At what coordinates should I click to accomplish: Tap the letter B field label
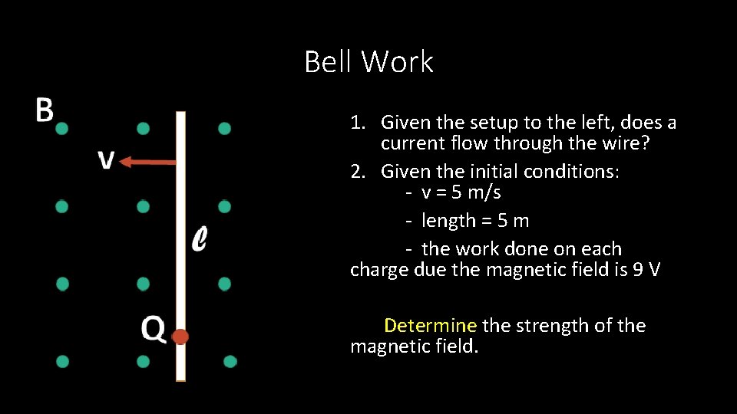[45, 110]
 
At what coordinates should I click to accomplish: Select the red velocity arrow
[149, 162]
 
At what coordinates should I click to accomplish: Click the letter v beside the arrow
[107, 160]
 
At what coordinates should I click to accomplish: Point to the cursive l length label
[198, 239]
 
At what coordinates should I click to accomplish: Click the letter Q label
[153, 330]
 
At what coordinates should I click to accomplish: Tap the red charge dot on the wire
[180, 337]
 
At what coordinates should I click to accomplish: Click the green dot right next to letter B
[62, 128]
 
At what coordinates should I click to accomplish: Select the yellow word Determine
[430, 326]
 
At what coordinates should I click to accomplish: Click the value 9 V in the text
[643, 270]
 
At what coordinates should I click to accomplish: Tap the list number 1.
[357, 123]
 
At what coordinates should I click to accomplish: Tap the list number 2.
[357, 171]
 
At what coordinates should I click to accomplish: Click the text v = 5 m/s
[461, 192]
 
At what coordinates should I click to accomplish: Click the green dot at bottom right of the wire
[230, 361]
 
